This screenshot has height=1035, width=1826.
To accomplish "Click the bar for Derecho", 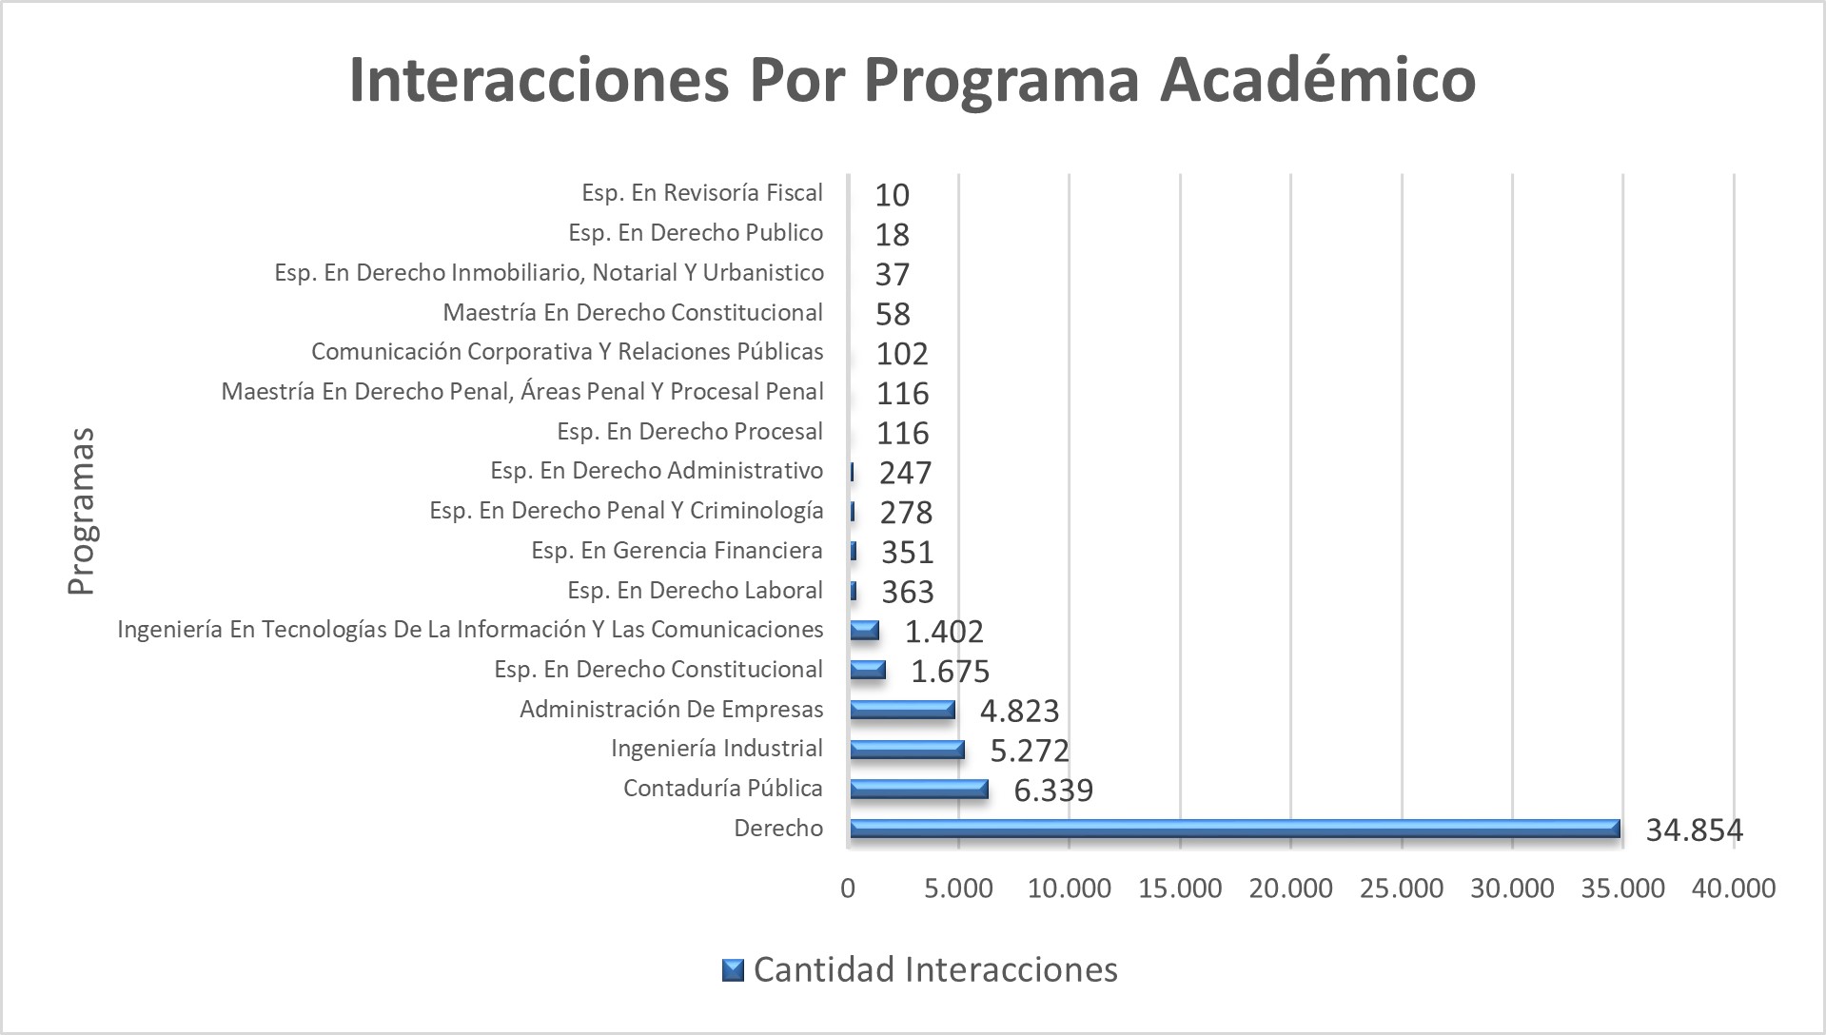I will pos(1233,829).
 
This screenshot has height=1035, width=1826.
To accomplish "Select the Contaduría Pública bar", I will pos(918,789).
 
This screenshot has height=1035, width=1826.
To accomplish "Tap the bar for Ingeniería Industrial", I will pos(906,749).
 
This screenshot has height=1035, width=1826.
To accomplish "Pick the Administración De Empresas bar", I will pos(901,710).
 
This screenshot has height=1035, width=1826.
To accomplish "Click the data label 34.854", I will pos(1694,830).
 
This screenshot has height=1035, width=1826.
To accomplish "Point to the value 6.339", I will pos(1053,791).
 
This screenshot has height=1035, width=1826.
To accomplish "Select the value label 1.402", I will pos(943,632).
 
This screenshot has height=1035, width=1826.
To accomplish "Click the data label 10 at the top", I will pos(892,195).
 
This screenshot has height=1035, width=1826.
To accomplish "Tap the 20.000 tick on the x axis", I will pos(1290,889).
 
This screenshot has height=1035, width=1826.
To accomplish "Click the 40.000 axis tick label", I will pos(1733,889).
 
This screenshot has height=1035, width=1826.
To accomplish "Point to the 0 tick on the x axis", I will pos(848,889).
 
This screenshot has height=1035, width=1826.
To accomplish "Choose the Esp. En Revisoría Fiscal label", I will pos(701,193).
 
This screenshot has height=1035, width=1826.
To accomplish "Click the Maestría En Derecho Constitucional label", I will pos(632,312).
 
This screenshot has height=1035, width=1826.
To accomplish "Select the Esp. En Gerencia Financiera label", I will pos(677,551).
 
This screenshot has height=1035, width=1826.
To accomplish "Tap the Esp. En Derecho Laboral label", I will pos(695,591).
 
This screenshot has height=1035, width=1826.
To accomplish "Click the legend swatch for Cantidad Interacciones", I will pos(733,969).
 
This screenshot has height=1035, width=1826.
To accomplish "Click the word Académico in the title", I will pos(1318,80).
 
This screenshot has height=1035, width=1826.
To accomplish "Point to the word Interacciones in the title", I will pos(539,80).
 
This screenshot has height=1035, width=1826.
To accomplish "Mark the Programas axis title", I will pos(81,512).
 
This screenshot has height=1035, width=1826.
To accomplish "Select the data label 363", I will pos(907,592).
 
